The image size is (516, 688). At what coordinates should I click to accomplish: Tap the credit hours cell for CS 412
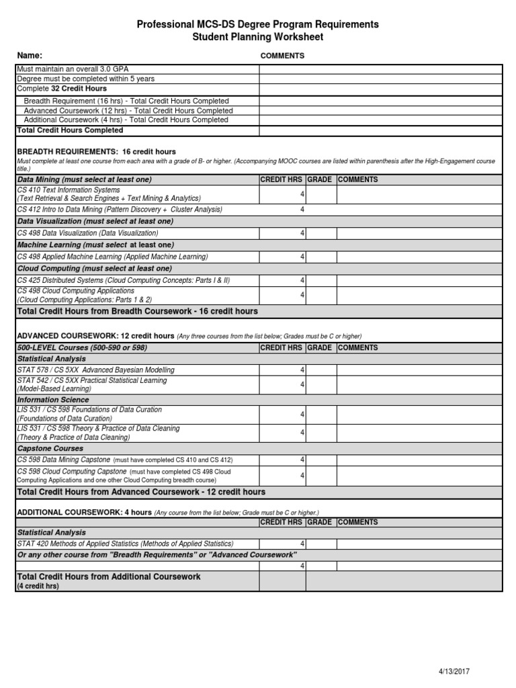(x=282, y=210)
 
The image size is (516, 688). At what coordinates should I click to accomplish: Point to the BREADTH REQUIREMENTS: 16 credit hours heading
(x=96, y=152)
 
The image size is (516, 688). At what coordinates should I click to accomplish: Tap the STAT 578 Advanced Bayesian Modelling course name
(x=95, y=370)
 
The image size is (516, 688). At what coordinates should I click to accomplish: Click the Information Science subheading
(x=53, y=400)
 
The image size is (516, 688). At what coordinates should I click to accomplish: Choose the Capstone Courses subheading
(x=50, y=448)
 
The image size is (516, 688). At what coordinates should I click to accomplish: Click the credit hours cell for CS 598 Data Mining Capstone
(x=282, y=460)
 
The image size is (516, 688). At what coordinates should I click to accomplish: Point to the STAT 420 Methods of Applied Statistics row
(x=125, y=544)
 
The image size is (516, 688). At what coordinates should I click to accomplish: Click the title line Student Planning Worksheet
(x=258, y=37)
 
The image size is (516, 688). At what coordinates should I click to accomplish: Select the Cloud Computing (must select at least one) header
(x=95, y=268)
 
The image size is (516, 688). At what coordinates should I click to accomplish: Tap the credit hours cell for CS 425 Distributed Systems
(x=282, y=280)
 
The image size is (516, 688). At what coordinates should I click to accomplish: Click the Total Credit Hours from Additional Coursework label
(x=108, y=576)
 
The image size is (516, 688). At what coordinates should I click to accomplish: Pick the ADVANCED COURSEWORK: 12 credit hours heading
(x=96, y=335)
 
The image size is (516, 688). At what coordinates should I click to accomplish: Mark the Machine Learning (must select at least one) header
(x=95, y=245)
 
